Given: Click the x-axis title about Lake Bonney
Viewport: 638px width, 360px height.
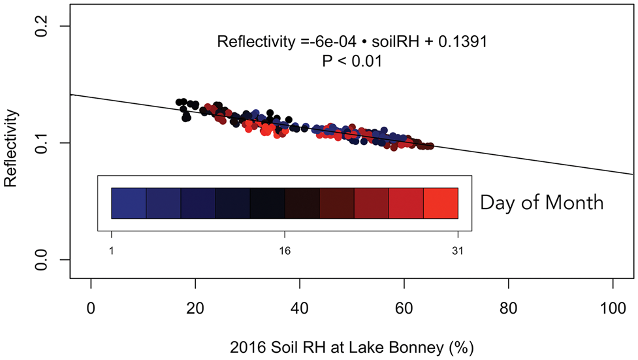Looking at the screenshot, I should coord(351,346).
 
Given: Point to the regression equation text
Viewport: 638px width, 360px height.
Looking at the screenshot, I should coord(353,42).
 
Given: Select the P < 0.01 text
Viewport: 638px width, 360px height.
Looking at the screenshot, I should coord(352,61).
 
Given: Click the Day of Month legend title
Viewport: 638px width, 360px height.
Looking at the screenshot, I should coord(541,203).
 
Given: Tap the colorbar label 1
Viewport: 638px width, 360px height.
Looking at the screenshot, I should coord(112,250).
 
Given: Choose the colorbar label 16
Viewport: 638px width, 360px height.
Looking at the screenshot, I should coord(285,250).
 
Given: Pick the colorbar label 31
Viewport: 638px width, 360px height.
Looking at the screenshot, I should coord(458,250).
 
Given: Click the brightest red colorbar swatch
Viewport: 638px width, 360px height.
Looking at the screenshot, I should coord(441,203).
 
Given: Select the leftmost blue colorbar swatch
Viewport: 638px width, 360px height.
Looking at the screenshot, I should coord(129,203).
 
